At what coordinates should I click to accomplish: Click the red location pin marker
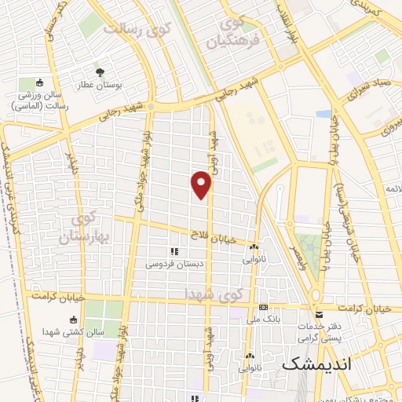[202, 185]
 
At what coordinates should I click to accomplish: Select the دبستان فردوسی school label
[174, 265]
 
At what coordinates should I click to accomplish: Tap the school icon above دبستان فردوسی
[174, 252]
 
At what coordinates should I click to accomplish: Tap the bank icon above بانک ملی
[263, 307]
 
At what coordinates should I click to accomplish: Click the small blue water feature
[323, 114]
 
